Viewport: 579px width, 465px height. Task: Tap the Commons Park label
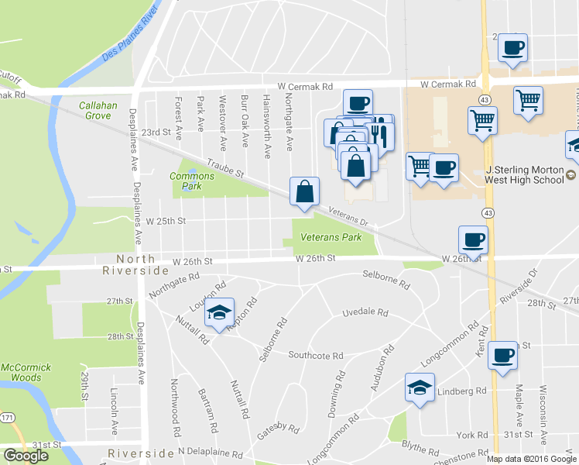click(x=186, y=181)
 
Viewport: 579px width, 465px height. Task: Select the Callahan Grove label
click(x=99, y=110)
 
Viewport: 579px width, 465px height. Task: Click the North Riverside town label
click(x=135, y=264)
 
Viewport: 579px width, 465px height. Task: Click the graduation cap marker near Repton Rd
click(x=221, y=312)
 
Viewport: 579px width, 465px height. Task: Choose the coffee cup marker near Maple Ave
click(x=503, y=355)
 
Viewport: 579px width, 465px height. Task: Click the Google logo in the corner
click(x=26, y=456)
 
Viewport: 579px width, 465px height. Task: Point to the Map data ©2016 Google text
click(x=531, y=459)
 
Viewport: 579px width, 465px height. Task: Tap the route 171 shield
click(x=6, y=418)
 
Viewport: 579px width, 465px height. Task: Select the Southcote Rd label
click(x=315, y=355)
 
